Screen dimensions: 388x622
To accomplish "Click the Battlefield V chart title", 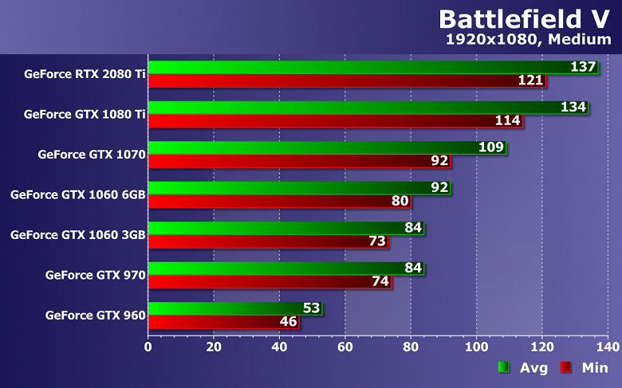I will point(527,19).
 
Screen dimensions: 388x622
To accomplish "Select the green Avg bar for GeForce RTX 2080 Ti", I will point(359,67).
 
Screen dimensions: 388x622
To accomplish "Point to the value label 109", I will point(491,147).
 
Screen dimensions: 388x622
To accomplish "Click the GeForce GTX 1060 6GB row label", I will point(77,194).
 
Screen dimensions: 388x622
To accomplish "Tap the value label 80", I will point(400,202).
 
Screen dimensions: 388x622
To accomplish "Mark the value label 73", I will point(377,241).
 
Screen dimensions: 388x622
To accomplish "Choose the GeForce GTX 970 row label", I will point(95,275).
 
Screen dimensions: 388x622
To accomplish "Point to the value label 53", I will point(312,308).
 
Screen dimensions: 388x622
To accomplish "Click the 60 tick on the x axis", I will point(344,347).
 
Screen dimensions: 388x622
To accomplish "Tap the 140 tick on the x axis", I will point(607,347).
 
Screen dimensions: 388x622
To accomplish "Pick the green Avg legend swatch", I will point(503,367).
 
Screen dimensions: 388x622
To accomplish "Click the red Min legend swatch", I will point(565,367).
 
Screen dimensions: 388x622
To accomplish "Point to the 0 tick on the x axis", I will point(148,347).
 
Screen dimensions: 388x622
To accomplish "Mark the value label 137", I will point(584,67).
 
